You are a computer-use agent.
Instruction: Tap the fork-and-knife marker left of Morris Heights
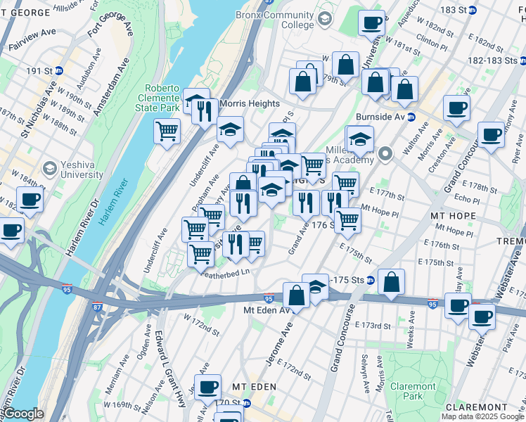coord(205,113)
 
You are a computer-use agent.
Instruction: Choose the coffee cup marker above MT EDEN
coord(207,387)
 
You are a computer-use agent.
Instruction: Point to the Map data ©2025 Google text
coord(482,416)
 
